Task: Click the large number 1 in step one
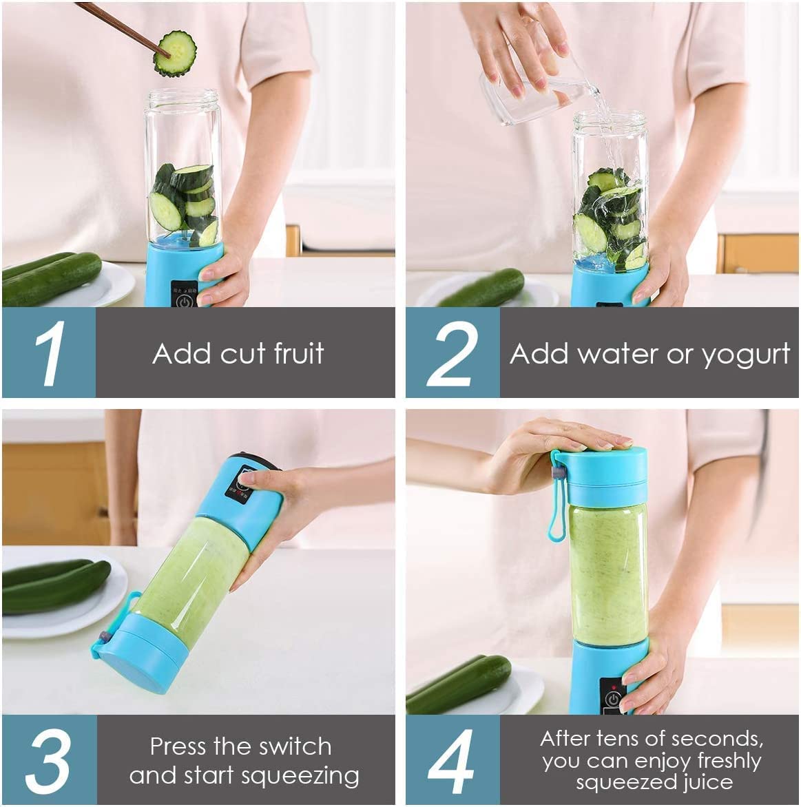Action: (x=50, y=353)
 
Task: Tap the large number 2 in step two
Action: (x=452, y=353)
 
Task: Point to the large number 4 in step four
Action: (x=452, y=762)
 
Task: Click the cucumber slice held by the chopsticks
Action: (x=175, y=53)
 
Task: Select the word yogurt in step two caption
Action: (x=745, y=355)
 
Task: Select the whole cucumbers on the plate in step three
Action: (x=55, y=586)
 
